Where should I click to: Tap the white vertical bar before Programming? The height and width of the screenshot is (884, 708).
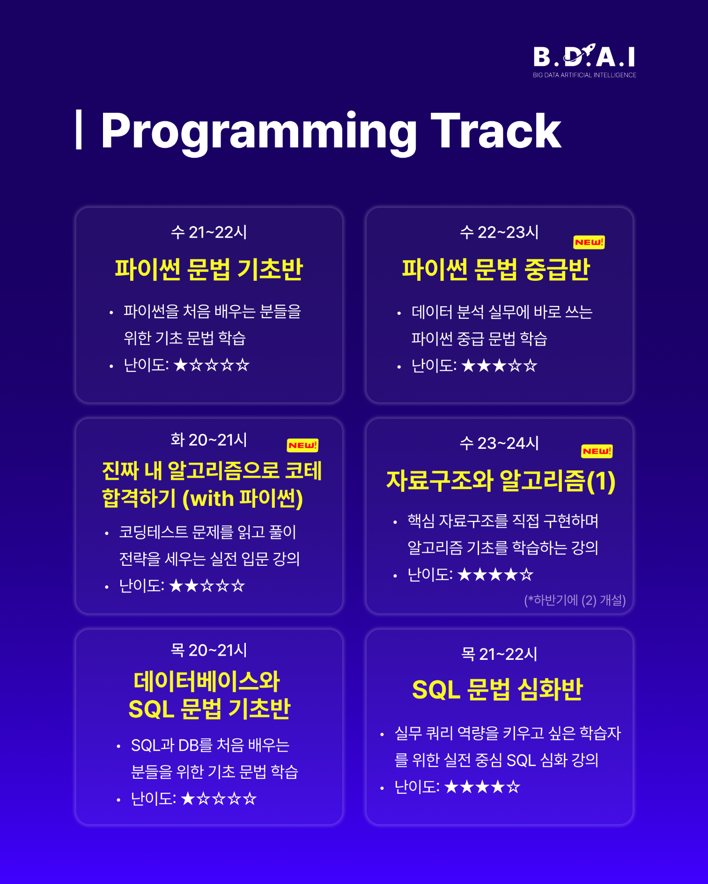tap(79, 130)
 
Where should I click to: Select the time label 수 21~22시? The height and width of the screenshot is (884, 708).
tap(209, 232)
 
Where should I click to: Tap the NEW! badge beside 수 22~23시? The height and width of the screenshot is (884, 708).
tap(589, 242)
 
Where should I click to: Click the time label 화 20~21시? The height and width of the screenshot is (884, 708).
tap(209, 440)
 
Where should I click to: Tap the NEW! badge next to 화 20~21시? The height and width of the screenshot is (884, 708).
tap(302, 445)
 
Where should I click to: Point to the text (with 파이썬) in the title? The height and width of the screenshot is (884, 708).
tap(243, 498)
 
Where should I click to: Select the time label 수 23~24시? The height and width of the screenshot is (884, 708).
tap(499, 443)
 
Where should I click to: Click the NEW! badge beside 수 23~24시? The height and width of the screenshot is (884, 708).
tap(596, 451)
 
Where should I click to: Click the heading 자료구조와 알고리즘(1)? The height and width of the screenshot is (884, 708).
tap(500, 481)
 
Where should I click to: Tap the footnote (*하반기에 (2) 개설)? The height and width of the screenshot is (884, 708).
tap(575, 600)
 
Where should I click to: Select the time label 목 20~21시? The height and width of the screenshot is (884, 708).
tap(209, 650)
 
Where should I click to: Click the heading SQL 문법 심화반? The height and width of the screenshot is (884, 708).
tap(497, 689)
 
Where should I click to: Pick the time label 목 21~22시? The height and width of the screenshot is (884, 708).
tap(499, 654)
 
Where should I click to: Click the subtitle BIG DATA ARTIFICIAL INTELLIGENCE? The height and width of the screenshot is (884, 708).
tap(584, 75)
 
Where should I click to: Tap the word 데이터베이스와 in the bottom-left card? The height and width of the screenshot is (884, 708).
tap(206, 681)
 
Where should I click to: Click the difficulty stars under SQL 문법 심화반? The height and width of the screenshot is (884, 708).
tap(482, 787)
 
